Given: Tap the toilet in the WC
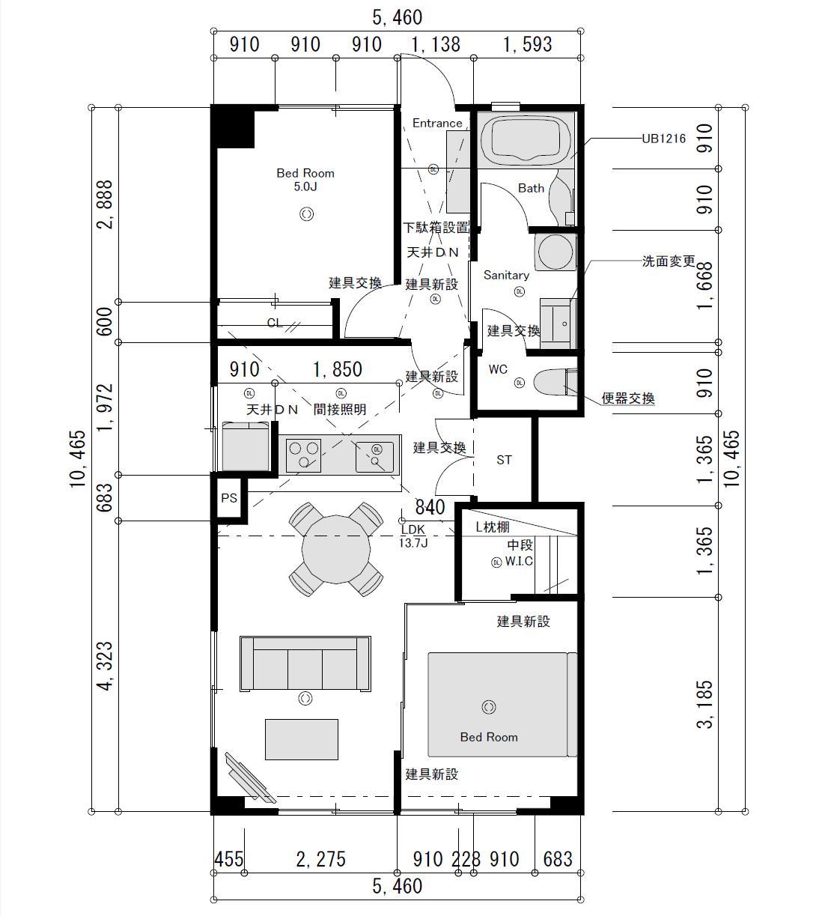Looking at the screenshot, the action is pos(556,382).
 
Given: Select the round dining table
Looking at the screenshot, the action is pos(336,549).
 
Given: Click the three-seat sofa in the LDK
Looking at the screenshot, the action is pos(305,664).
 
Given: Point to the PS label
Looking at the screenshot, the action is pos(229,498).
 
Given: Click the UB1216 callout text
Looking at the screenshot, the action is pos(663,139).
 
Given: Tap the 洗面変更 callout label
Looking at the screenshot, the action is pos(669,261).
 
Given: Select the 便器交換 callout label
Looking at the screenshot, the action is pos(628,398).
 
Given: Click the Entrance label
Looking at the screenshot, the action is pos(437,124).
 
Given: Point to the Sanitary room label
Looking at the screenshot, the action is pos(506,275).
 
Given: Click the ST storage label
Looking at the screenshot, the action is pos(504,460).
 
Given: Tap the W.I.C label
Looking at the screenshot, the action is pos(519,561).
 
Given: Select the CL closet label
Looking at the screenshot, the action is pos(275,323).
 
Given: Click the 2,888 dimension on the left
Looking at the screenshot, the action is pos(105,204).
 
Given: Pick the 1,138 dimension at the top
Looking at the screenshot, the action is pos(436,45).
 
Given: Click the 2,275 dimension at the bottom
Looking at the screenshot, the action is pos(320,859).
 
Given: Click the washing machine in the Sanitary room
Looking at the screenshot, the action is pos(556,252).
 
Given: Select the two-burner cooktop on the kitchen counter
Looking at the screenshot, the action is pos(303,455).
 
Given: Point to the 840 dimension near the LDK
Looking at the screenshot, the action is pos(430,507).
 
